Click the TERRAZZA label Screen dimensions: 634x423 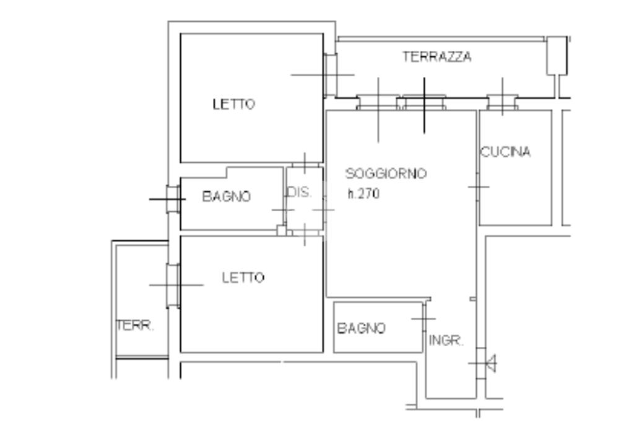436,57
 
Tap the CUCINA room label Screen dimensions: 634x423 506,152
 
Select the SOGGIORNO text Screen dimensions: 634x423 386,174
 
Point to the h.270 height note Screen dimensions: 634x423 363,193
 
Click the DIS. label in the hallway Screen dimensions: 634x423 299,192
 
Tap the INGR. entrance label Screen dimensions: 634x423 446,341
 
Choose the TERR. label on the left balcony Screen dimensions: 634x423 135,326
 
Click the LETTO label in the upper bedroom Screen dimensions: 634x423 233,104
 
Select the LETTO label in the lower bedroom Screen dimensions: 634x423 243,277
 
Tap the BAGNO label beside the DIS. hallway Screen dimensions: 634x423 227,197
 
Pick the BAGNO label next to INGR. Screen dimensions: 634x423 361,328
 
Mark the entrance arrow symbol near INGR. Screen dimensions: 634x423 490,363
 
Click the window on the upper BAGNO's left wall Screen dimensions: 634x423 173,199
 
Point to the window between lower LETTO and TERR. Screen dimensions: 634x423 173,285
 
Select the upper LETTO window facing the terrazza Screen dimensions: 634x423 330,75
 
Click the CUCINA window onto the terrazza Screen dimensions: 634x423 502,102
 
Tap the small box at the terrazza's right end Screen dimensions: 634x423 557,56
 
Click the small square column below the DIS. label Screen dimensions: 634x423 281,230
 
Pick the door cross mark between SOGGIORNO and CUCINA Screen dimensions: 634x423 478,186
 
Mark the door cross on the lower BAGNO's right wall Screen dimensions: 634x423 424,318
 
